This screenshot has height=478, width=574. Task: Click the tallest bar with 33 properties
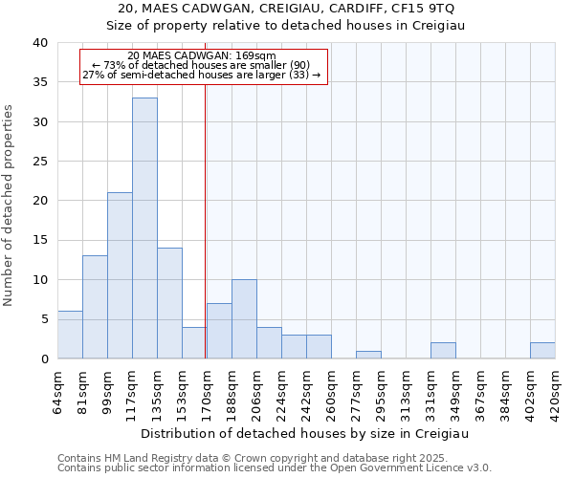point(144,229)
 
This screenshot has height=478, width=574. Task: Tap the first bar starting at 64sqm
point(70,335)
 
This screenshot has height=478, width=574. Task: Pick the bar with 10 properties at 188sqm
point(244,319)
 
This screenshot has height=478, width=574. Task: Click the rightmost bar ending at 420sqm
point(542,351)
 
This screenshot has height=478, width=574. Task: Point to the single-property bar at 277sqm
point(368,355)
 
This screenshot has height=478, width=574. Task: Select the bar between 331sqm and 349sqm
point(443,351)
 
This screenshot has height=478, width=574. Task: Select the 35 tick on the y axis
point(39,82)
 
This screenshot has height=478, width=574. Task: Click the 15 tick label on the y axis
point(39,240)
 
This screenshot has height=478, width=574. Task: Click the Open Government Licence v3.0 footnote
point(275,467)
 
